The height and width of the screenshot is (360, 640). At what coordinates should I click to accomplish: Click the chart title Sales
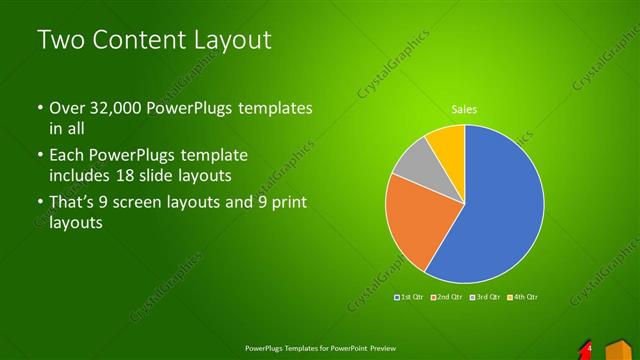(464, 108)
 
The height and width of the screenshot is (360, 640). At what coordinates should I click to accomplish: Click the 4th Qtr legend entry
(526, 297)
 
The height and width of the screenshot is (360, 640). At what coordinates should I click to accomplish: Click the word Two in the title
(58, 41)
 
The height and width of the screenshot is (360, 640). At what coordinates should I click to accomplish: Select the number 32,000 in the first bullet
(115, 107)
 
